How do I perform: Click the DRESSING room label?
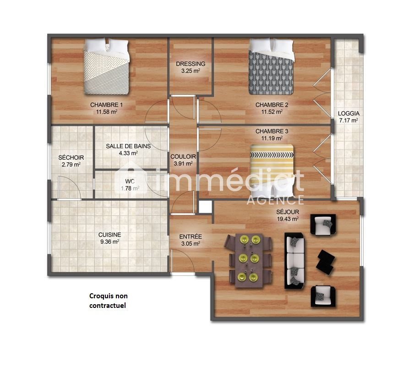[190, 64]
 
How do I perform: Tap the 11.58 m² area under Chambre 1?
[107, 112]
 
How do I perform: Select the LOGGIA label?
[348, 113]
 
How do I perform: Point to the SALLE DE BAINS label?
[128, 146]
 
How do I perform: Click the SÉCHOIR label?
[71, 157]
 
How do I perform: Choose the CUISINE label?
[109, 235]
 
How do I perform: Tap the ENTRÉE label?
[190, 237]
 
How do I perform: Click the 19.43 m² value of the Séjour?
[288, 219]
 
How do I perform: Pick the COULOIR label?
[183, 157]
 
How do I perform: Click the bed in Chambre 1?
[106, 66]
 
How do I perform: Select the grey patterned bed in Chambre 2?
[271, 67]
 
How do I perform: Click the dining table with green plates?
[249, 260]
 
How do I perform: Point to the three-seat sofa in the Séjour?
[294, 261]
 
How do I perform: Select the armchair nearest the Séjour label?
[323, 225]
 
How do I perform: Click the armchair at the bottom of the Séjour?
[323, 296]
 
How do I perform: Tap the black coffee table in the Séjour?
[326, 262]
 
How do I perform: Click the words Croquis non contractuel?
[108, 301]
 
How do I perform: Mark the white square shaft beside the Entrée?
[205, 207]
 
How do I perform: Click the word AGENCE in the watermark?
[275, 200]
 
